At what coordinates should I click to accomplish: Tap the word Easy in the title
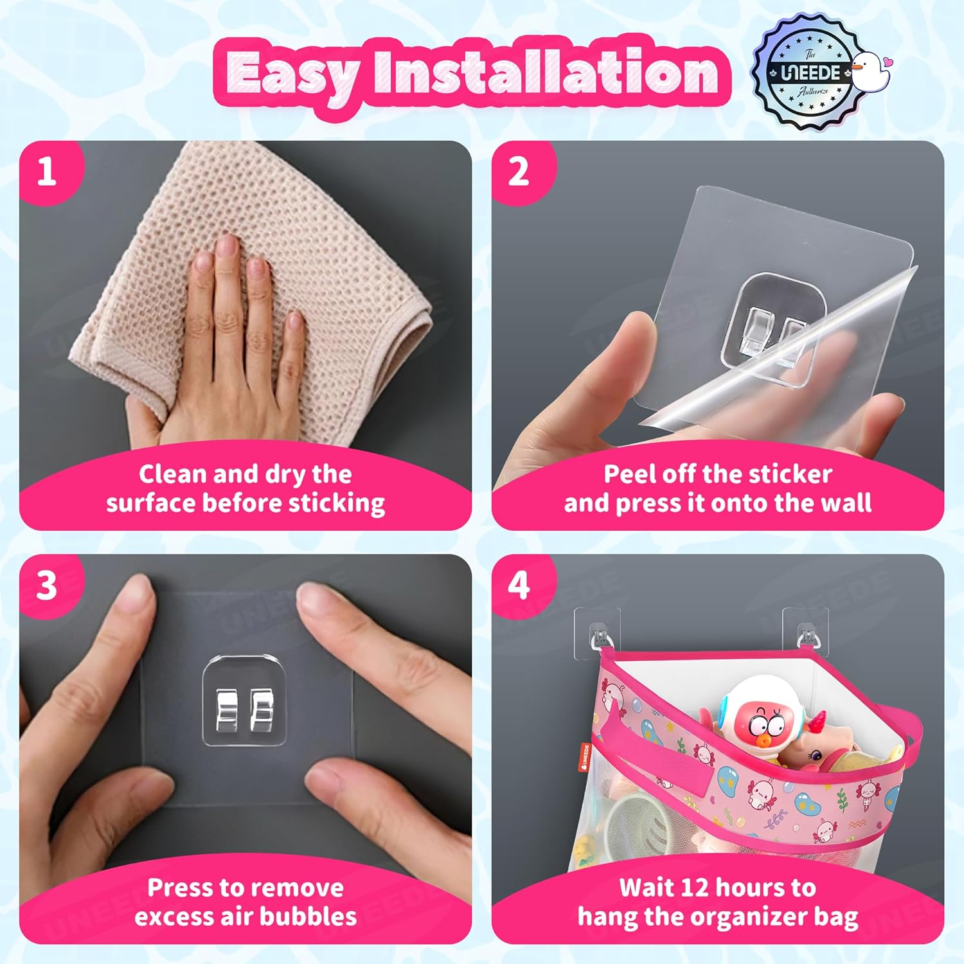point(292,74)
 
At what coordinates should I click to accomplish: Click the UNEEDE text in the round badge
point(811,73)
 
